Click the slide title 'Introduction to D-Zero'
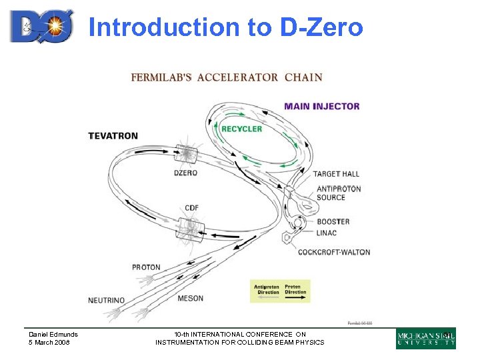click(225, 27)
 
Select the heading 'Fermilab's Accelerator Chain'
click(226, 77)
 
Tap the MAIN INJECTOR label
click(322, 106)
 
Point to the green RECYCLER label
click(241, 129)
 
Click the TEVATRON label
click(113, 136)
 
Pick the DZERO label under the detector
click(186, 173)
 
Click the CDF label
click(192, 208)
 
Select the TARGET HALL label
click(336, 174)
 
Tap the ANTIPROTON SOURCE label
click(339, 193)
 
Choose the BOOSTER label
click(333, 221)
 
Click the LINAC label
click(327, 233)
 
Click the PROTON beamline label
click(146, 267)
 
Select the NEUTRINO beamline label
click(107, 301)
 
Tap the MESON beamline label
click(191, 299)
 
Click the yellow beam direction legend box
click(280, 291)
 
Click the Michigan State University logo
click(426, 338)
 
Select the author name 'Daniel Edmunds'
click(53, 335)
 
